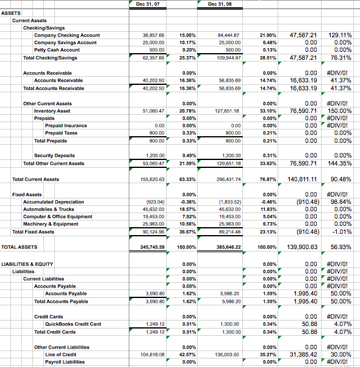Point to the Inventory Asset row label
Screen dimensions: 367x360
(x=52, y=111)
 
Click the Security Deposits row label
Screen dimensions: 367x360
(x=54, y=156)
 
